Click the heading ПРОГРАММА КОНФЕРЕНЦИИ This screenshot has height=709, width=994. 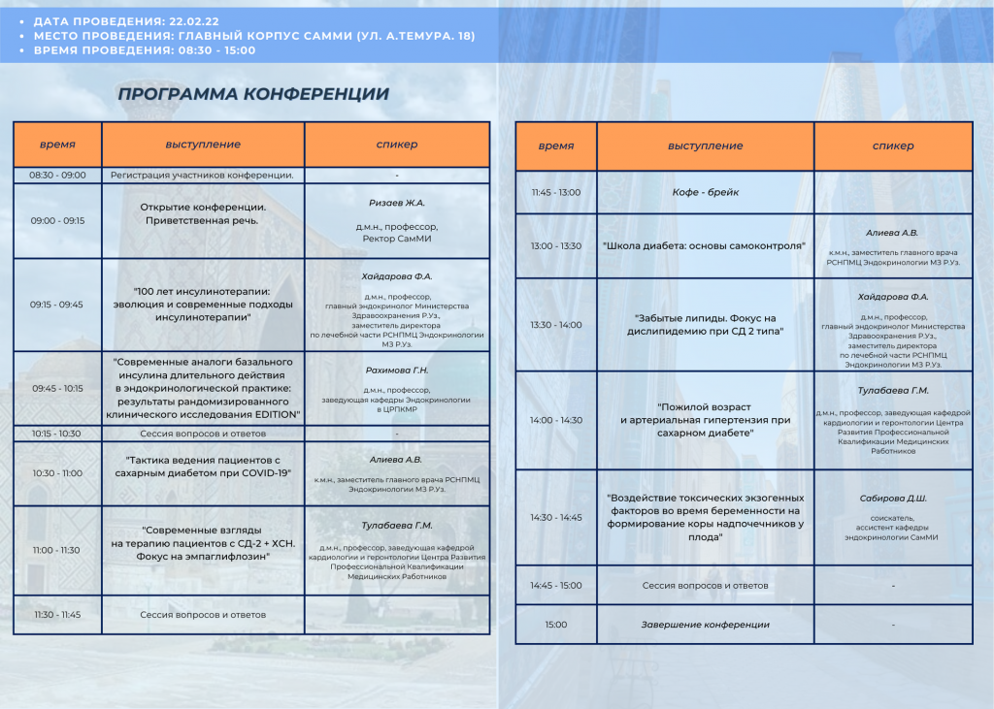(x=252, y=94)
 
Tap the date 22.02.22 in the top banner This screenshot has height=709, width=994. (x=191, y=20)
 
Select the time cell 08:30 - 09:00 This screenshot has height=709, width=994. (x=57, y=176)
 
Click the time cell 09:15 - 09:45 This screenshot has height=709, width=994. (x=57, y=305)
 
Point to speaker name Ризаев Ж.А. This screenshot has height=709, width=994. (x=397, y=203)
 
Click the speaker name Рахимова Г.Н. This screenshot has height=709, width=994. (x=397, y=371)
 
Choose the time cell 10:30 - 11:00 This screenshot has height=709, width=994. (x=57, y=473)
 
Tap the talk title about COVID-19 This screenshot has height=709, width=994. (x=203, y=467)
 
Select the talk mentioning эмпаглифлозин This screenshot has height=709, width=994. (x=203, y=543)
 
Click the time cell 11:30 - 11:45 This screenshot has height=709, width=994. (x=57, y=615)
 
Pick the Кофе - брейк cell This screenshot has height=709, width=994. (x=706, y=192)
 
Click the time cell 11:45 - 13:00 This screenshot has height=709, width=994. (x=556, y=192)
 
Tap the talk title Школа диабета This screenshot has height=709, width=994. (x=706, y=246)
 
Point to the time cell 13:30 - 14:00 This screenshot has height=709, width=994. (x=556, y=325)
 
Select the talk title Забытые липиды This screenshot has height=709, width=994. (x=706, y=325)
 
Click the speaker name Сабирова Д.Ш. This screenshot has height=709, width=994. (x=893, y=499)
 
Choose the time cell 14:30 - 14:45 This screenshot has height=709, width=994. (x=556, y=518)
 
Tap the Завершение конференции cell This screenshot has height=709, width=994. (x=706, y=625)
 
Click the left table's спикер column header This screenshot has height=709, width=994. (x=397, y=145)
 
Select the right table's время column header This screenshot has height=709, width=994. (x=556, y=146)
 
